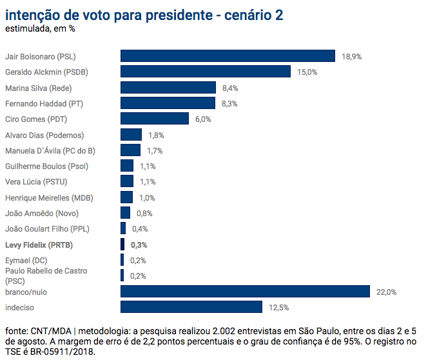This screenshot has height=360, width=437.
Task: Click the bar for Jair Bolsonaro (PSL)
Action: pos(228,56)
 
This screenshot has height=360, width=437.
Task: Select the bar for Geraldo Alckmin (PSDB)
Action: pos(206,72)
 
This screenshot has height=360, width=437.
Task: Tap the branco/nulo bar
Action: pos(245,292)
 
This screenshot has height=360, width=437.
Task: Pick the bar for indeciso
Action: pos(191,307)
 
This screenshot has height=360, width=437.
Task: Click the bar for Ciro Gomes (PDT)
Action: pos(155,119)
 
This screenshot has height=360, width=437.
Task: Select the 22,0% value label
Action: pos(387,292)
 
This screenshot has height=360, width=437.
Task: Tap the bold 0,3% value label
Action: pos(139,245)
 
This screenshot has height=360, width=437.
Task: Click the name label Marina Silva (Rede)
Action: pos(37,88)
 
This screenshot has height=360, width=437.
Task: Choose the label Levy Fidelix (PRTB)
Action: pos(39,245)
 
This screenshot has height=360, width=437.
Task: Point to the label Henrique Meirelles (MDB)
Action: pos(48,197)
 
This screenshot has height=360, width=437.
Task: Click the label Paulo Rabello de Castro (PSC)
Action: pos(46,275)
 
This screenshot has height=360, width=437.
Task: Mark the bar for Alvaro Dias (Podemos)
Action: pos(131,135)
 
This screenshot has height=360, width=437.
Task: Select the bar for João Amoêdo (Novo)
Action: pos(126,213)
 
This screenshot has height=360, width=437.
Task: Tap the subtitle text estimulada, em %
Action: pos(40,29)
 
